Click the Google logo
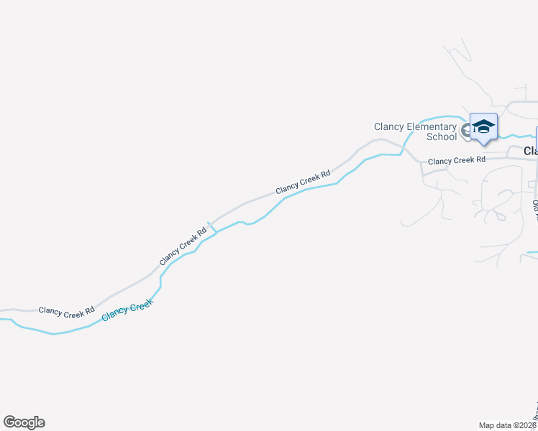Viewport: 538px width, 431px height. click(x=24, y=422)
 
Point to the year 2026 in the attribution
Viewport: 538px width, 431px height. click(x=529, y=425)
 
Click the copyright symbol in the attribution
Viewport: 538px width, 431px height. click(x=516, y=425)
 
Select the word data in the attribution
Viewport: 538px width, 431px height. click(x=503, y=425)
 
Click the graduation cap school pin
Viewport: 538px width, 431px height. click(x=483, y=126)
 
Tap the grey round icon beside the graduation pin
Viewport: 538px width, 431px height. click(x=467, y=131)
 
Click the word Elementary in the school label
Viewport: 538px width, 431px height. click(x=432, y=127)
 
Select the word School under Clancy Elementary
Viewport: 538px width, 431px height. click(x=442, y=136)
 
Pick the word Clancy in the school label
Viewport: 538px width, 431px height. click(x=389, y=127)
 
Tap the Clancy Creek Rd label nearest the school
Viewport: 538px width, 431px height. click(x=456, y=160)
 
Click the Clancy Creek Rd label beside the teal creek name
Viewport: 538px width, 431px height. click(x=67, y=311)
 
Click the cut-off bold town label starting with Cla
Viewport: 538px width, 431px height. click(x=530, y=151)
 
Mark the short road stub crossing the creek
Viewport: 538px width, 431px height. click(x=212, y=227)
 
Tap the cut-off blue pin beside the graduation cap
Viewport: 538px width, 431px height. click(x=536, y=136)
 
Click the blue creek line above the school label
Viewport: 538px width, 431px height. click(x=439, y=116)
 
